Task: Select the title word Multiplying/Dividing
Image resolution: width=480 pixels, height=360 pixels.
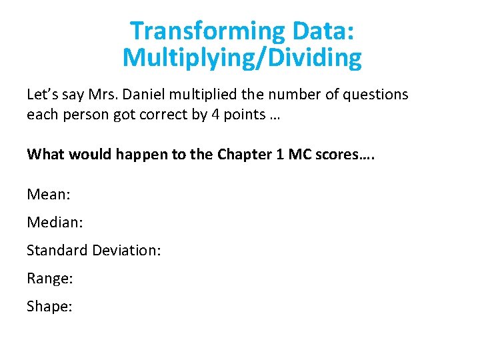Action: [242, 59]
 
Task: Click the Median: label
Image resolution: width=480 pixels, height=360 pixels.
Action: [55, 222]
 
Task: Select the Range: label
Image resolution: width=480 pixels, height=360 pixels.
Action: [50, 278]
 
